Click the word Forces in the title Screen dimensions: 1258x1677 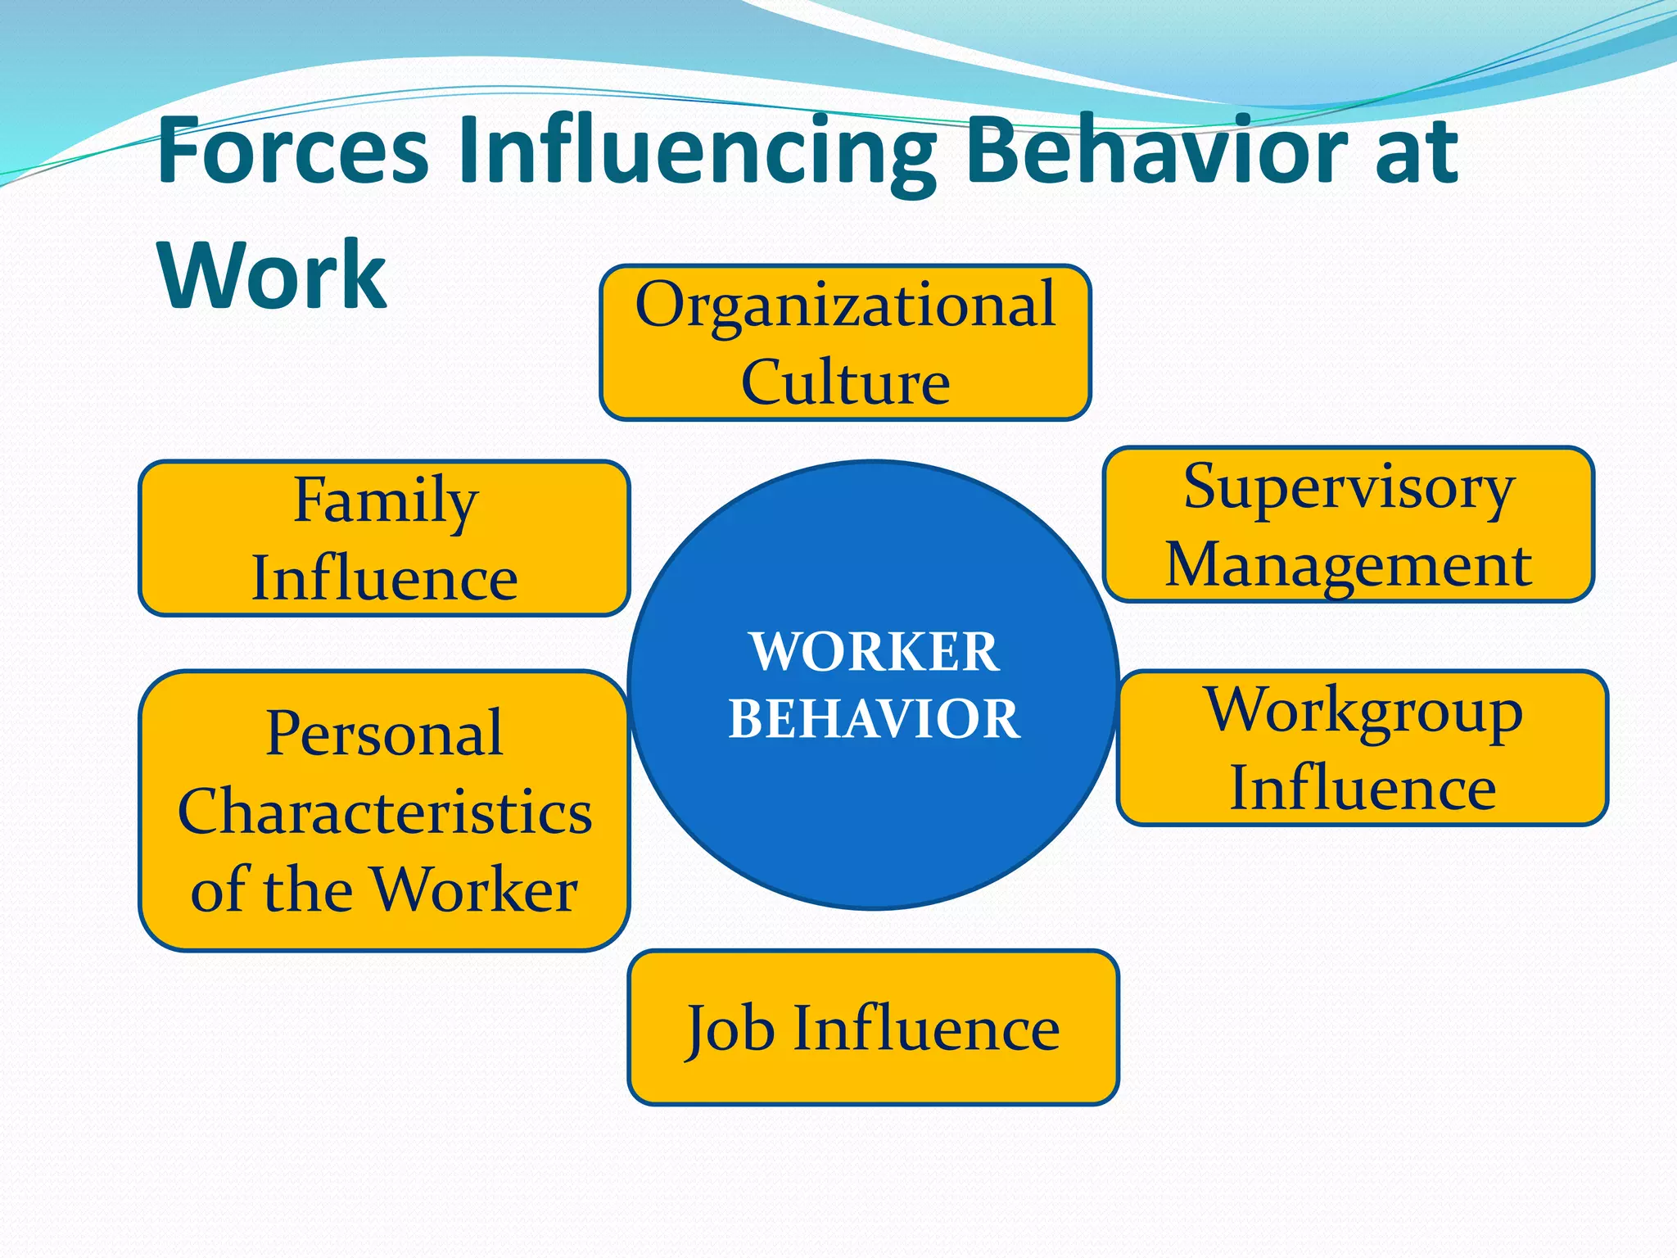pyautogui.click(x=292, y=151)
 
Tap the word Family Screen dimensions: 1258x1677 pyautogui.click(x=385, y=501)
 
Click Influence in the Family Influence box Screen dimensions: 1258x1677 pyautogui.click(x=385, y=578)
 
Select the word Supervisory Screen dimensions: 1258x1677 pyautogui.click(x=1349, y=489)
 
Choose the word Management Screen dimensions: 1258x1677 pyautogui.click(x=1349, y=564)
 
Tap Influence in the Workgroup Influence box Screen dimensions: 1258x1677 pyautogui.click(x=1363, y=788)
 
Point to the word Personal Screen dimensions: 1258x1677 pyautogui.click(x=384, y=733)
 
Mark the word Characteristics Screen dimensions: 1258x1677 pyautogui.click(x=385, y=812)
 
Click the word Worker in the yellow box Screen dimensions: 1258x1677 pyautogui.click(x=475, y=889)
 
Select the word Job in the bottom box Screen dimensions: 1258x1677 pyautogui.click(x=730, y=1029)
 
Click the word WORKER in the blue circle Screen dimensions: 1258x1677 pyautogui.click(x=874, y=652)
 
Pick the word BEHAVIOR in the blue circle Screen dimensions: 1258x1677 pyautogui.click(x=874, y=719)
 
